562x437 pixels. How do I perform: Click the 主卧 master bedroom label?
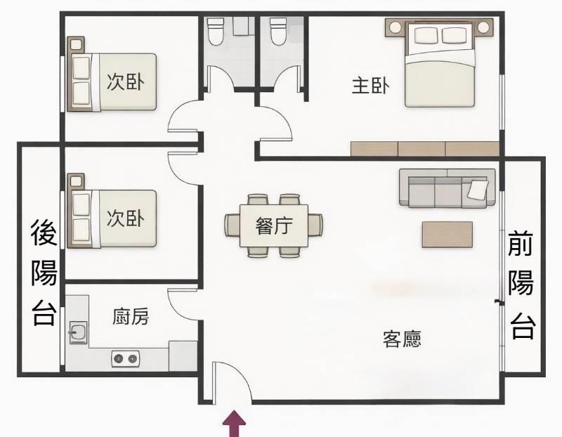[370, 86]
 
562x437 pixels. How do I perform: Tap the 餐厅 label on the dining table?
[274, 226]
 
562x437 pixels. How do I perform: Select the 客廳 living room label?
[402, 339]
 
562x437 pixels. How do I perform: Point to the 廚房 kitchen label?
[131, 317]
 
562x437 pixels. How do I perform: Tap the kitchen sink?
[78, 332]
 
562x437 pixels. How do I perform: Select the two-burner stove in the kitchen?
[126, 358]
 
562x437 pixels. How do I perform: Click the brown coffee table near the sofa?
[447, 235]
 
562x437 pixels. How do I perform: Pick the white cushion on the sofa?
[478, 189]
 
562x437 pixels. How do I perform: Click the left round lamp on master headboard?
[396, 27]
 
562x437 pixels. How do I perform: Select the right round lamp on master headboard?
[483, 27]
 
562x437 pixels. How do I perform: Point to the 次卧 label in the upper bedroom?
[126, 81]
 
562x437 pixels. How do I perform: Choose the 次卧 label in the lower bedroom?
[126, 218]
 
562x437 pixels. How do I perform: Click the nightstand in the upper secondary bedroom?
[76, 45]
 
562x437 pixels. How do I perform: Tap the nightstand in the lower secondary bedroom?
[76, 181]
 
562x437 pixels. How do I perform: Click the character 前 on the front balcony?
[521, 243]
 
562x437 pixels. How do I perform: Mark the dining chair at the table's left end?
[233, 225]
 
